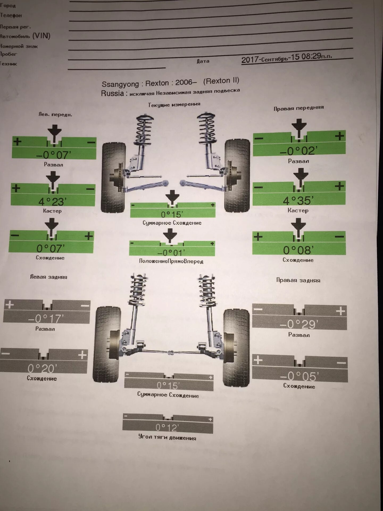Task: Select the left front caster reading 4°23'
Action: coord(52,201)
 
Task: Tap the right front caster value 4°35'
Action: coord(298,200)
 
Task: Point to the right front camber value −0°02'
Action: coord(298,151)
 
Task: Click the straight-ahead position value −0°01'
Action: coord(171,252)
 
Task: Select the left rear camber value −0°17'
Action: coord(46,318)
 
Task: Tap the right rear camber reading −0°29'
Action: coord(299,324)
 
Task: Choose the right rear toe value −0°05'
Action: coord(299,376)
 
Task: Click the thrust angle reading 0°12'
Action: coord(167,427)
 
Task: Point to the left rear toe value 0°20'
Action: coord(42,368)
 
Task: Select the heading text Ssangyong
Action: coord(120,84)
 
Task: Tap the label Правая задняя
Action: coord(298,280)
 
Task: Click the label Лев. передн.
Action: coord(55,115)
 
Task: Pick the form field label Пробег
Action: coord(9,54)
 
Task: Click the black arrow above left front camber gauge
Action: coord(55,132)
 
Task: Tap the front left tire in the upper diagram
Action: coord(114,177)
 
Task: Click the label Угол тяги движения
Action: coord(167,437)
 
